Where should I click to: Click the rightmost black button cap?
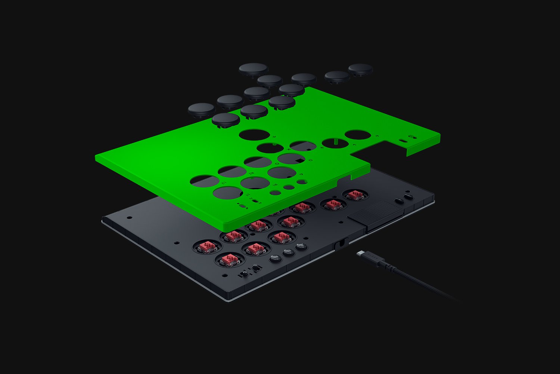[x=360, y=69]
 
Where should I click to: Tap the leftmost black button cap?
[x=202, y=110]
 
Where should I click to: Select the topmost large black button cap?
[x=253, y=69]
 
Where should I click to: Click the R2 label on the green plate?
[x=251, y=174]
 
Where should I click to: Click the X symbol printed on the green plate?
[x=288, y=148]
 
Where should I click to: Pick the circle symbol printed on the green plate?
[x=277, y=163]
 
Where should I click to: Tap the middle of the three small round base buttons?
[x=289, y=252]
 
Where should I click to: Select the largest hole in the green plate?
[x=254, y=135]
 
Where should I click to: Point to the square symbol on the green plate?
[x=310, y=160]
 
